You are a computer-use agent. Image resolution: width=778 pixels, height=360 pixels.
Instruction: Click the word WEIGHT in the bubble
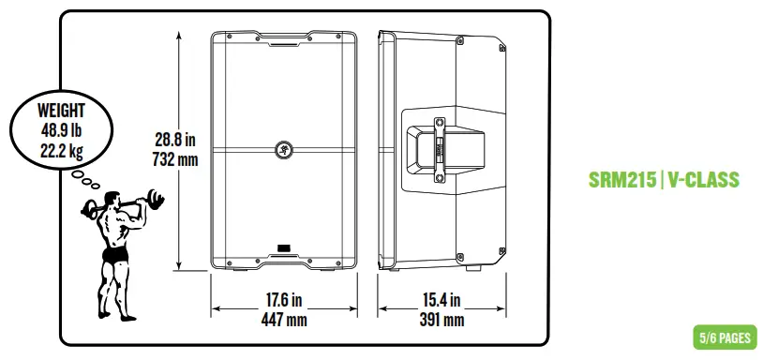click(x=61, y=111)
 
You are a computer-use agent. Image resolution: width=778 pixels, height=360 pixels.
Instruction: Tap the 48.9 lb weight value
click(x=61, y=130)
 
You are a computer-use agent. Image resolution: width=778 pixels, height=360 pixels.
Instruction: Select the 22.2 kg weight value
click(x=62, y=149)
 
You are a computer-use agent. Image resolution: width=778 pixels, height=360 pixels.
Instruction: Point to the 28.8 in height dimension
click(x=174, y=140)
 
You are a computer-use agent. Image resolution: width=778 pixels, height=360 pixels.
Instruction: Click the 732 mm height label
click(x=175, y=160)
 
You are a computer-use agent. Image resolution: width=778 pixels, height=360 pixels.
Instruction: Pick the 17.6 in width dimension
click(x=284, y=300)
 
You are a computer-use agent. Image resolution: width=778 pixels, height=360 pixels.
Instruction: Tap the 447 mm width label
click(x=284, y=320)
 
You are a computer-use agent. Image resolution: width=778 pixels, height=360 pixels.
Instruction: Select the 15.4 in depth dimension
click(x=441, y=300)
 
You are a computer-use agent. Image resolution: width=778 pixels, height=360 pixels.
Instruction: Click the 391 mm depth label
click(x=441, y=320)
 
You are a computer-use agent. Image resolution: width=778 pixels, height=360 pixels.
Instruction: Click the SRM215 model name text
click(x=622, y=179)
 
